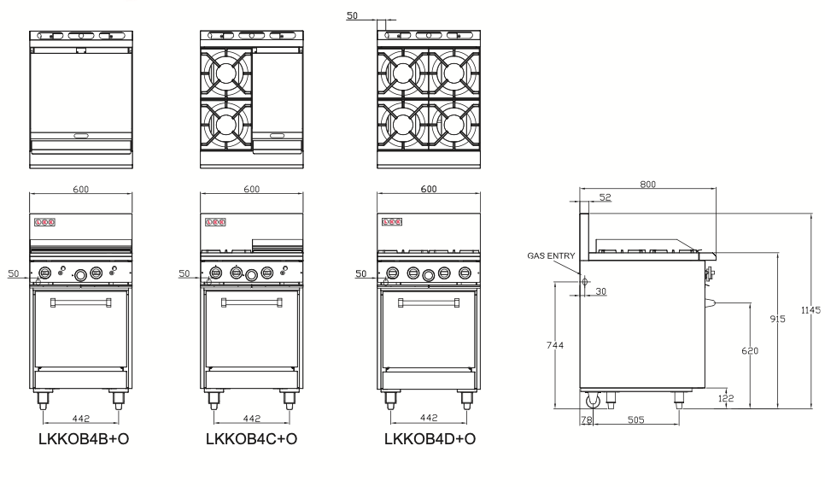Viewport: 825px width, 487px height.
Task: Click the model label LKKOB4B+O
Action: point(82,440)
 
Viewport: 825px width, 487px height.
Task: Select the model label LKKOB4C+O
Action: point(251,440)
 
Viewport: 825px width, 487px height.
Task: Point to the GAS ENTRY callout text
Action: point(553,255)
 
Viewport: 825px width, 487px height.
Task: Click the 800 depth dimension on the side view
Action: point(647,185)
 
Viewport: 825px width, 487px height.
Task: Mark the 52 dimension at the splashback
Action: point(606,198)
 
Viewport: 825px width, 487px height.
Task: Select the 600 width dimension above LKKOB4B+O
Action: point(81,189)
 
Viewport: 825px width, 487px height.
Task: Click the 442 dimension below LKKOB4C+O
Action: point(251,419)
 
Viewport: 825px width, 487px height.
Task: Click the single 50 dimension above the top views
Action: point(352,15)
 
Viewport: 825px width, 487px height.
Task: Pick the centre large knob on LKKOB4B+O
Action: point(80,274)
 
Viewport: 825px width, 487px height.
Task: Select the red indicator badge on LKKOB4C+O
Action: point(217,222)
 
